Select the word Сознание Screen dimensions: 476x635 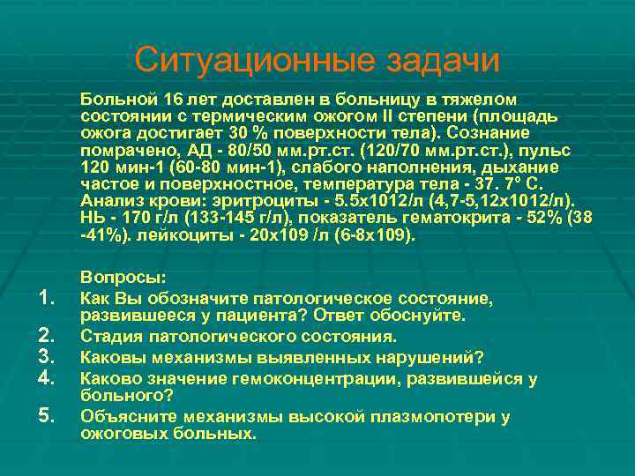488,132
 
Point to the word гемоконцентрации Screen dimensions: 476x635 278,378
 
